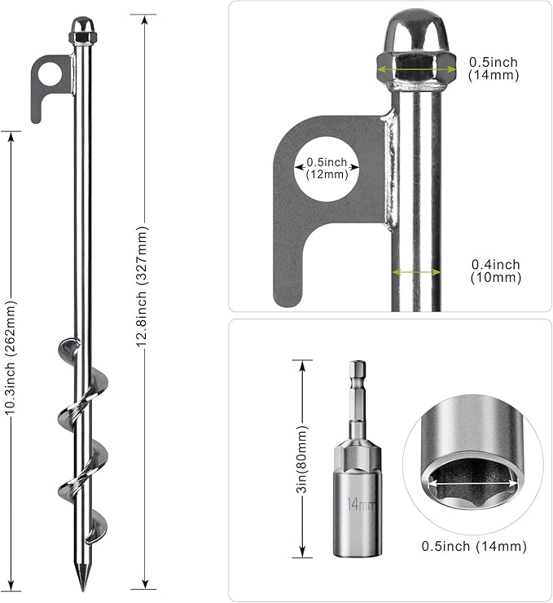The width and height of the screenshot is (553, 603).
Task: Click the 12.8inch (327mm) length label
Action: click(144, 299)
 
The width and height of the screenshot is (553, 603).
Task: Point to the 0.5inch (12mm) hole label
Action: click(327, 168)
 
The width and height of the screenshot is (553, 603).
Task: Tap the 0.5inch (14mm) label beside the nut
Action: click(494, 68)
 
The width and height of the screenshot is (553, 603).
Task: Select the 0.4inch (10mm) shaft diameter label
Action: click(495, 271)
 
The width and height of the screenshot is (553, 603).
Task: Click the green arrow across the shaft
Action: click(415, 272)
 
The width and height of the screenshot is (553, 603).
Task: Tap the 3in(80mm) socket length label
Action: click(301, 460)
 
